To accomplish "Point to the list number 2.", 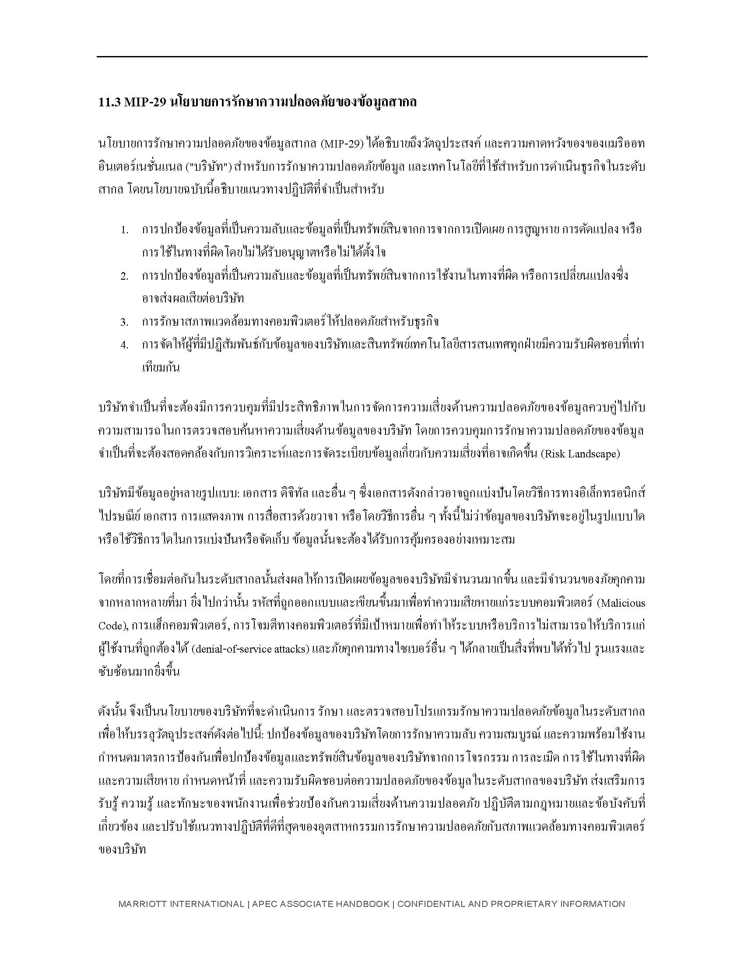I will [125, 277].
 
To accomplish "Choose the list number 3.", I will [125, 323].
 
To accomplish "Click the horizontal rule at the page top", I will [372, 57].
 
